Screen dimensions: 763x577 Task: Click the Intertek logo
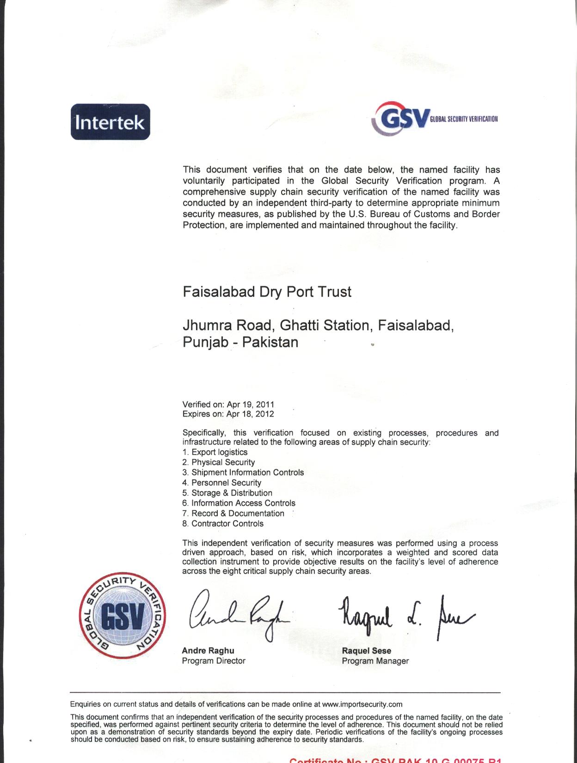tap(110, 122)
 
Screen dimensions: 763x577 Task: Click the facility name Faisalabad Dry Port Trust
tap(267, 292)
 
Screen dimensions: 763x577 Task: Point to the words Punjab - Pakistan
tap(240, 342)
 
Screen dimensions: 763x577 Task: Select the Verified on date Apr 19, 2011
tap(251, 404)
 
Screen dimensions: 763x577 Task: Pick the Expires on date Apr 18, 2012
tap(250, 414)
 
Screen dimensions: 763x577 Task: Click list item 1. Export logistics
tap(215, 452)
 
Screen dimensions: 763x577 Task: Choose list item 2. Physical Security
tap(219, 462)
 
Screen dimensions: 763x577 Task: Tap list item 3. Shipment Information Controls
tap(243, 473)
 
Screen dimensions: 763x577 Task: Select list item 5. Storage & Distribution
tap(227, 493)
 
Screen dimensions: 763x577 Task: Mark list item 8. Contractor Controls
tap(223, 523)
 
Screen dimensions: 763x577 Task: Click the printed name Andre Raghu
tap(208, 651)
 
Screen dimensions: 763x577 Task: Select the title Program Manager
tap(375, 661)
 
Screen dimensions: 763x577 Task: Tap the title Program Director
tap(214, 661)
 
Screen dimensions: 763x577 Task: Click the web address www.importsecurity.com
tap(362, 704)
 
